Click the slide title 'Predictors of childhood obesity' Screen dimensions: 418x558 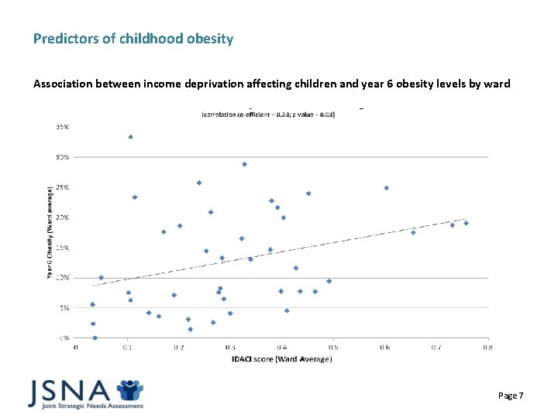point(133,38)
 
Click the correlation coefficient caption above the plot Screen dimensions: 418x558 point(268,115)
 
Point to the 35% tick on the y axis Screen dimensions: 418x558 point(60,126)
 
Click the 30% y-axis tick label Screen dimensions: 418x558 point(60,156)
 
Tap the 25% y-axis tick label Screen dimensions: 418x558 point(60,187)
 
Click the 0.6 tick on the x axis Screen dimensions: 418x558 point(384,347)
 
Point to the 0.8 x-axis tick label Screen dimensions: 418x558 point(487,347)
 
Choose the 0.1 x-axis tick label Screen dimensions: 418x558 point(127,347)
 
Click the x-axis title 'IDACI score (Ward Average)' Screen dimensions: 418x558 point(281,358)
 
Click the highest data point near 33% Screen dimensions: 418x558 point(130,137)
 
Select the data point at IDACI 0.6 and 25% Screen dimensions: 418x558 point(386,188)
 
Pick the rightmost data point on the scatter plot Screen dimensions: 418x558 point(466,223)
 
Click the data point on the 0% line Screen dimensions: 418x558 point(95,337)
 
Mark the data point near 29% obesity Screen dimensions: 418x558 point(244,164)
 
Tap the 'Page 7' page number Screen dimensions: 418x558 point(511,396)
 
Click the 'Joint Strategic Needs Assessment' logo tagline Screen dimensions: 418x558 point(85,406)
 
